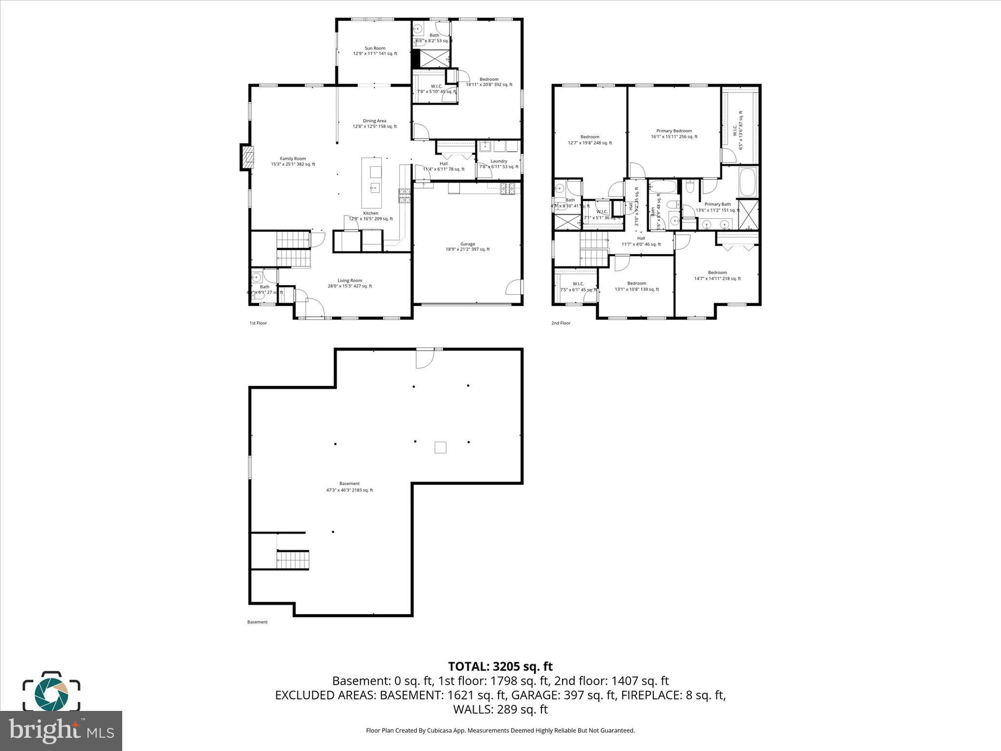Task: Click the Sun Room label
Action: tap(375, 51)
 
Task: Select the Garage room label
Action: tap(467, 246)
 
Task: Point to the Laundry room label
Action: tap(499, 164)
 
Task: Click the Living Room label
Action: tap(349, 283)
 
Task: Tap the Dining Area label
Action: tap(374, 123)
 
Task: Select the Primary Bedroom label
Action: tap(674, 133)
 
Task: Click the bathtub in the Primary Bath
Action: tap(748, 182)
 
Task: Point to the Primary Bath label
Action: tap(718, 207)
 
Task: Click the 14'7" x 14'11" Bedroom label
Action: tap(717, 275)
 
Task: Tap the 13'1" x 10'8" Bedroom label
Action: tap(636, 286)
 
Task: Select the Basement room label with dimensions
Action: tap(349, 486)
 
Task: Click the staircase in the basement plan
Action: tap(293, 559)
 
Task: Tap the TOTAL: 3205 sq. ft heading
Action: tap(500, 666)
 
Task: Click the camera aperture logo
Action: tap(51, 694)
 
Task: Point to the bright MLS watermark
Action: tap(61, 730)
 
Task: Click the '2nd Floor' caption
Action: tap(561, 323)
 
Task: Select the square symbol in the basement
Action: tap(440, 447)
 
